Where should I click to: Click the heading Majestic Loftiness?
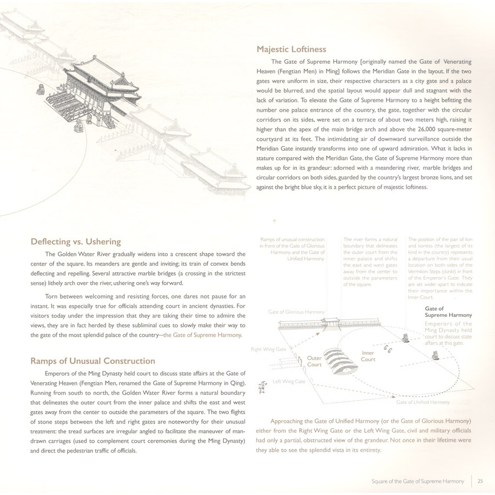tap(291, 50)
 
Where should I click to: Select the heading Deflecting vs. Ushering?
tap(75, 241)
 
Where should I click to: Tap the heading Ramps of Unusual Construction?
tap(92, 361)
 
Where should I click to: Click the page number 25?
tap(480, 482)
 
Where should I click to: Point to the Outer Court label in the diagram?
tap(314, 361)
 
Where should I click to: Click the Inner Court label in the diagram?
tap(368, 356)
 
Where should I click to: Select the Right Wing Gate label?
tap(268, 349)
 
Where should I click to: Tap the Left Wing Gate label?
tap(289, 381)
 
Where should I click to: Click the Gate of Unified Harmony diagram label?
tap(422, 402)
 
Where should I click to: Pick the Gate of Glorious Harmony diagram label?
tap(296, 312)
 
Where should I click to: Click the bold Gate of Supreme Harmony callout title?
tap(448, 312)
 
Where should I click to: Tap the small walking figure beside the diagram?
tap(263, 388)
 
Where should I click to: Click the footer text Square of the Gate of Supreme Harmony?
tap(417, 482)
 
